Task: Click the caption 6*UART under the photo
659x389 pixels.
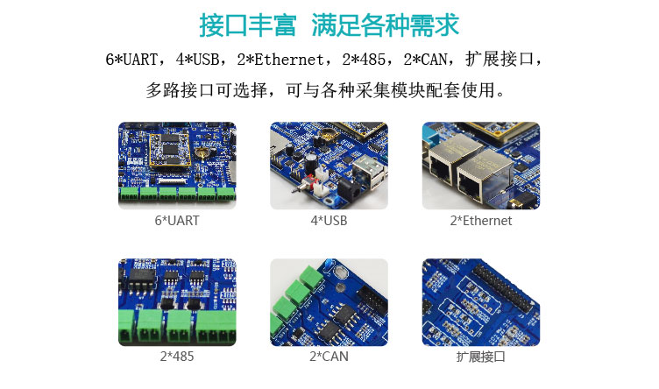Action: pos(177,221)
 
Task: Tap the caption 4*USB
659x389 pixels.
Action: pos(329,221)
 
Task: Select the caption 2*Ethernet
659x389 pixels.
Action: pos(481,221)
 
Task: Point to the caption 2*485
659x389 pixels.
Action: pos(177,357)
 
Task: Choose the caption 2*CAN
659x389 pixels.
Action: pos(329,357)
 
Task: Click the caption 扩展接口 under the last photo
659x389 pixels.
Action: pos(481,357)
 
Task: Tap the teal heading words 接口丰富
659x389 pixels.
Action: pos(247,25)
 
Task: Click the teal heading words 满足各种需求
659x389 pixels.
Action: pos(386,25)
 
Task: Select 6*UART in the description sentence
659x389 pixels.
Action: pos(131,60)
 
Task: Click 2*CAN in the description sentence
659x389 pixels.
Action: pos(425,60)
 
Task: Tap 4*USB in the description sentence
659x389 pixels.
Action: pos(197,60)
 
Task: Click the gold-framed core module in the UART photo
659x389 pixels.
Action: pos(171,150)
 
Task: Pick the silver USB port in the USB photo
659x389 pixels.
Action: pos(370,169)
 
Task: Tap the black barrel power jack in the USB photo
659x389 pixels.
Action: pos(350,192)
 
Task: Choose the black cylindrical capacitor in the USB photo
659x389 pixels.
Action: pos(311,160)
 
